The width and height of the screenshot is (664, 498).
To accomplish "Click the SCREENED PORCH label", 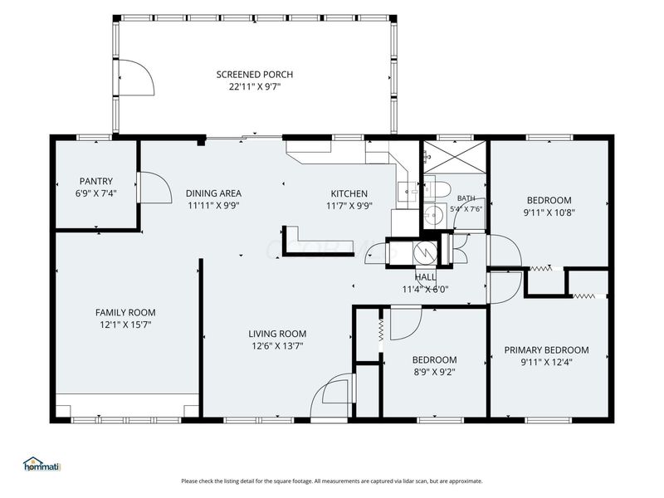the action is (x=255, y=75).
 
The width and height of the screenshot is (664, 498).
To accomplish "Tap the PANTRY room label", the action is (x=96, y=181).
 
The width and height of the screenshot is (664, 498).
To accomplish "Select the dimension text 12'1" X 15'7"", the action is (x=125, y=325).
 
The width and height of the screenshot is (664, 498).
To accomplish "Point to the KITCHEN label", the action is (x=349, y=193).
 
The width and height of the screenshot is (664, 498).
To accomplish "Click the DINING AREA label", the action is (x=213, y=193).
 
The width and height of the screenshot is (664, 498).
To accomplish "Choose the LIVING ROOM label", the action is (x=277, y=334).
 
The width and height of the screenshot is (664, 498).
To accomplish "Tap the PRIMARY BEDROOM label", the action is (x=546, y=349).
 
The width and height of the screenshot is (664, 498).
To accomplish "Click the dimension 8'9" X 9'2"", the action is (x=434, y=372).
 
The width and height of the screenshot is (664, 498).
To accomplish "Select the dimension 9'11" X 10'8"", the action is (x=549, y=212).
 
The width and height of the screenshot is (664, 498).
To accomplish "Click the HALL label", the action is (x=426, y=277).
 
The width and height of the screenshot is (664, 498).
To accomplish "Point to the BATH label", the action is (x=466, y=198).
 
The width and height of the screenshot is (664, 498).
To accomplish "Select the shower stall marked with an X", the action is (x=455, y=157).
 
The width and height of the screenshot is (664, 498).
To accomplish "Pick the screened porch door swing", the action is (x=136, y=77).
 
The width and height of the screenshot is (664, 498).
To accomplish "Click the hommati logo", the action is (x=42, y=464).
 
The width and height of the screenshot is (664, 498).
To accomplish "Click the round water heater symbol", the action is (x=425, y=253).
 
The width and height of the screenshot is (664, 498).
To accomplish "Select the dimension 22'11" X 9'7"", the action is (x=255, y=87).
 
